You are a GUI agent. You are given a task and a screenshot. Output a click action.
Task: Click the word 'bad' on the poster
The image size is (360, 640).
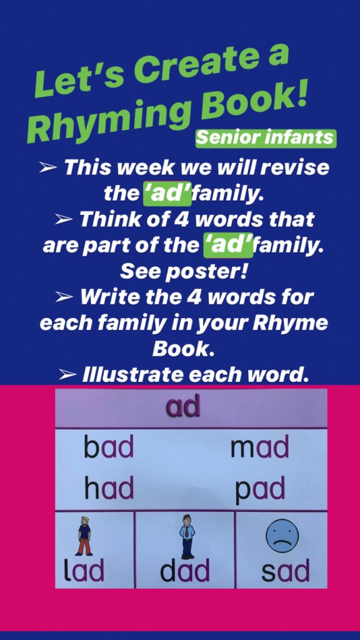coord(109,446)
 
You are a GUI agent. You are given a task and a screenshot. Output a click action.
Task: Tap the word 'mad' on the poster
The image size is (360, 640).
coord(259,446)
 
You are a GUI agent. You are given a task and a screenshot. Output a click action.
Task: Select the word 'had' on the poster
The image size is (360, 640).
coord(109,487)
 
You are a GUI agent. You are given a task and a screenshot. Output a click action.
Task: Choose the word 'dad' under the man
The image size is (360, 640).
coord(185,570)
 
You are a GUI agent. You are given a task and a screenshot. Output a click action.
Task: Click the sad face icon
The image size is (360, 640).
coord(282,538)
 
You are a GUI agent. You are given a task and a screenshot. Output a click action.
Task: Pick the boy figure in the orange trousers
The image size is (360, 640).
coord(84,536)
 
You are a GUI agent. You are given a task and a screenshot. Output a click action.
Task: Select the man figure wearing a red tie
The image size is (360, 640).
coord(187,536)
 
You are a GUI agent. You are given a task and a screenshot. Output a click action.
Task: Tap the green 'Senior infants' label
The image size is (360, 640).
coord(266,138)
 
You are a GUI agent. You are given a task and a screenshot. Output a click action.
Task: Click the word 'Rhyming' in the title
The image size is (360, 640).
coord(109,119)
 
